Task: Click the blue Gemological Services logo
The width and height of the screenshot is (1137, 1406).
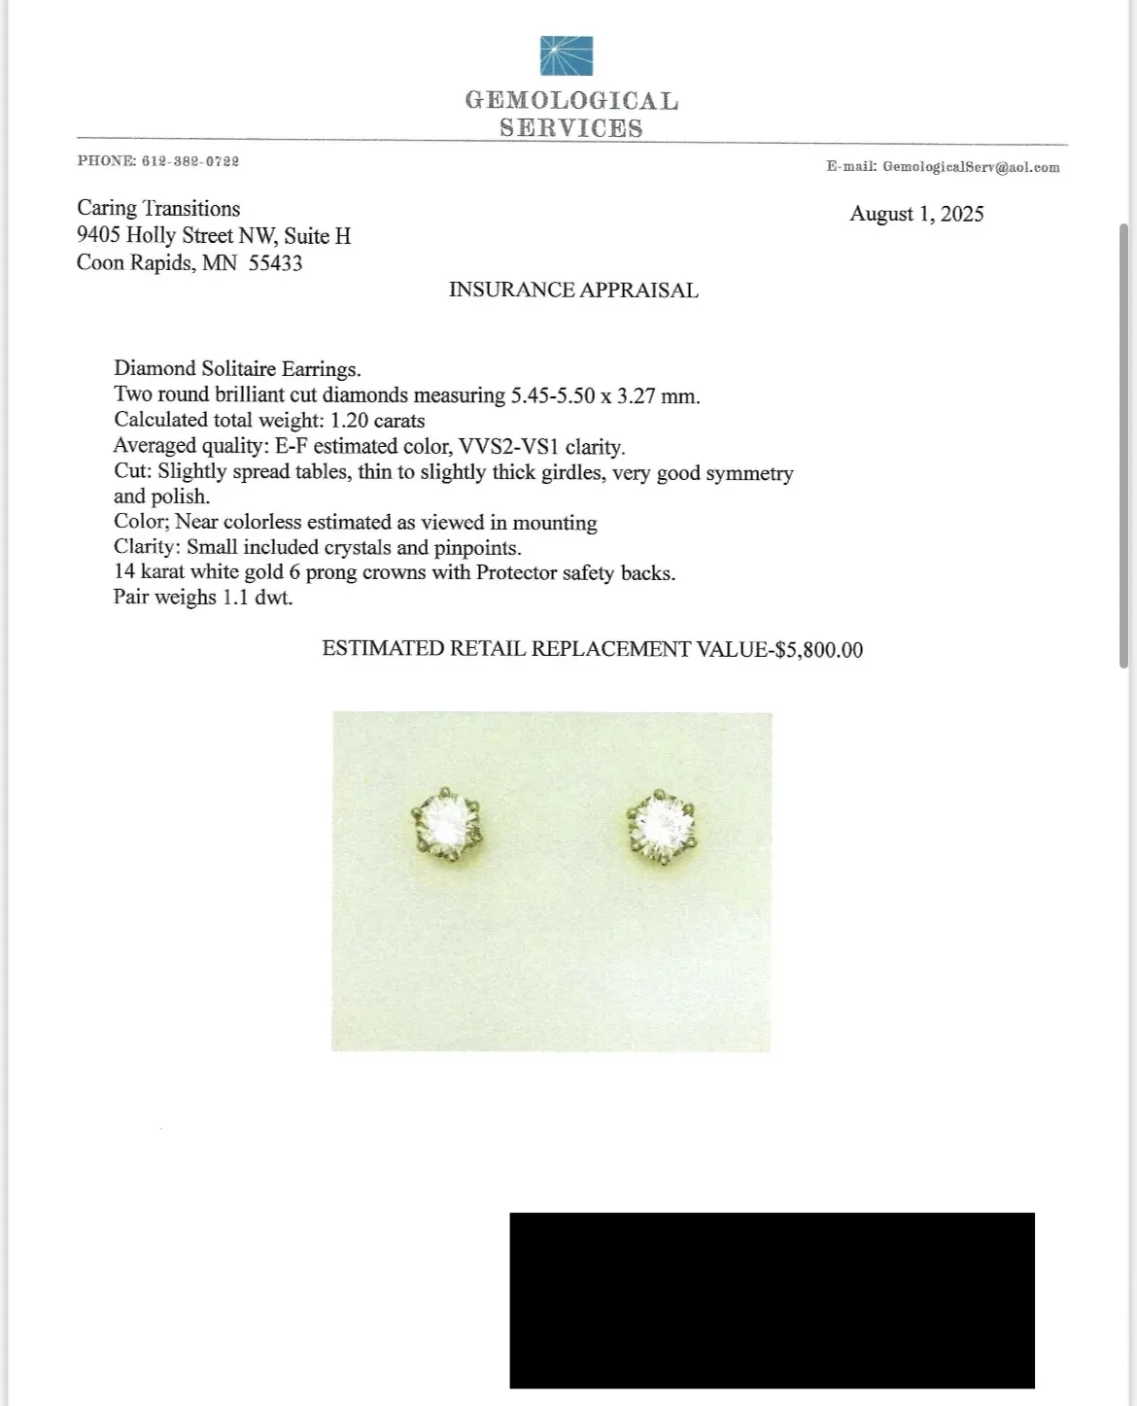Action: (x=567, y=55)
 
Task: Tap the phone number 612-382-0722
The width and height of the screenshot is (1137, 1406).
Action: (x=190, y=161)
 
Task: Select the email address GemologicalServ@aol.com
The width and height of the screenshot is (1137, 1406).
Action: (x=971, y=167)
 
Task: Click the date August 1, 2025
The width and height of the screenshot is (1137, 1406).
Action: (x=916, y=215)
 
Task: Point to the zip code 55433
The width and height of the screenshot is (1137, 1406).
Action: (x=275, y=263)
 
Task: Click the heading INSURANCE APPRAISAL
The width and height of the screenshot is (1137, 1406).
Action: (x=573, y=291)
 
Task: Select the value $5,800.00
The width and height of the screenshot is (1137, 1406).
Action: (x=818, y=650)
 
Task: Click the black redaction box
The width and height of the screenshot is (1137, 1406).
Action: (x=772, y=1299)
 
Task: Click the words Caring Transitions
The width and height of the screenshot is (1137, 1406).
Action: (x=158, y=209)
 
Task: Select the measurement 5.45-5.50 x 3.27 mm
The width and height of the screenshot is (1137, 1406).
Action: (x=604, y=395)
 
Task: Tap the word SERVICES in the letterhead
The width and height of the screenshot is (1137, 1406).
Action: (x=571, y=128)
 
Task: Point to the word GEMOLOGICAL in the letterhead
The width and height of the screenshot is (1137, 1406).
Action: (x=571, y=101)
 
